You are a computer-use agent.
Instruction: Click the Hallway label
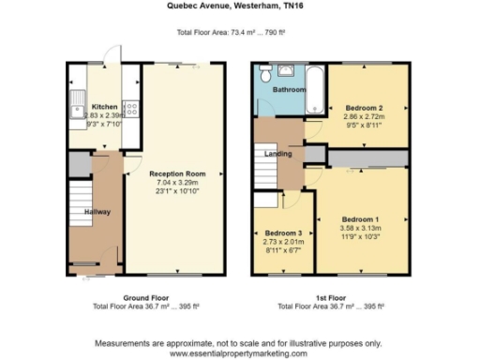click(x=97, y=212)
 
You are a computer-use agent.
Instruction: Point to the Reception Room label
click(x=176, y=173)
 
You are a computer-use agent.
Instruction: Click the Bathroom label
click(x=289, y=89)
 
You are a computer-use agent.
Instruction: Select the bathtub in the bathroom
click(x=316, y=89)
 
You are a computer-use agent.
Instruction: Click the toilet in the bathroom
click(x=267, y=73)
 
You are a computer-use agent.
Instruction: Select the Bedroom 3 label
click(x=282, y=232)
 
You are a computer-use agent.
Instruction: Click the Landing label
click(x=278, y=154)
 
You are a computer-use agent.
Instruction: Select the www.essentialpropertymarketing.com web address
click(x=238, y=353)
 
